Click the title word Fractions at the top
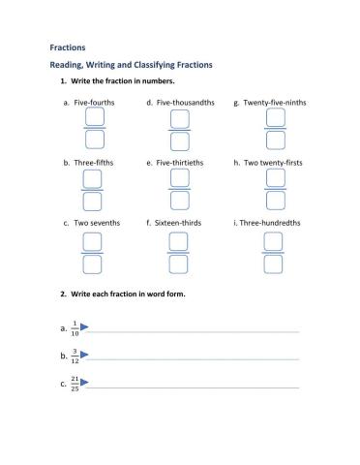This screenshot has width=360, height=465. (68, 46)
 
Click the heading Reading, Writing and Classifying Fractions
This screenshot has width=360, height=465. (131, 64)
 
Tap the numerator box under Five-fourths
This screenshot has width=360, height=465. (94, 117)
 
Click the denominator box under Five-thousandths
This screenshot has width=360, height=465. (179, 139)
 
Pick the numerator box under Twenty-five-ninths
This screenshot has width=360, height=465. (275, 117)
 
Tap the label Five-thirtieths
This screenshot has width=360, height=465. (183, 162)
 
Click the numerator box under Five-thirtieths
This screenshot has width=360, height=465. (179, 178)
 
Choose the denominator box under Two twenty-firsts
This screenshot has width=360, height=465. (275, 201)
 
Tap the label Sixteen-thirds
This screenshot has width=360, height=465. (182, 223)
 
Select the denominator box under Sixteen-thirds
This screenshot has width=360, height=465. (179, 263)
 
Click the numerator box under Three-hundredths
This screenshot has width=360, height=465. (275, 241)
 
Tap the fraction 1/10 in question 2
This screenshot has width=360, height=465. (75, 329)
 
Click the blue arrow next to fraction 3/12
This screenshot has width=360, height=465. (84, 356)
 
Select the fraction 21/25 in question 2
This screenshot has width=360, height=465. (75, 384)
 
